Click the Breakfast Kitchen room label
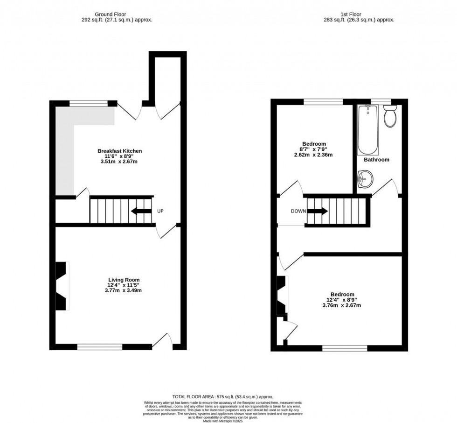click(x=119, y=151)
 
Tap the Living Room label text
click(x=122, y=280)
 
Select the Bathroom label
click(x=376, y=160)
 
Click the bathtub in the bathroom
click(x=368, y=129)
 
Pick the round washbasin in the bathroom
click(x=365, y=178)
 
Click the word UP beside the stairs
click(x=160, y=211)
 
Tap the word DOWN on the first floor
click(x=298, y=211)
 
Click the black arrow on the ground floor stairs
click(x=141, y=211)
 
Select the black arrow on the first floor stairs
click(x=319, y=211)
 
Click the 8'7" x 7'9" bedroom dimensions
click(x=314, y=149)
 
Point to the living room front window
click(x=100, y=346)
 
